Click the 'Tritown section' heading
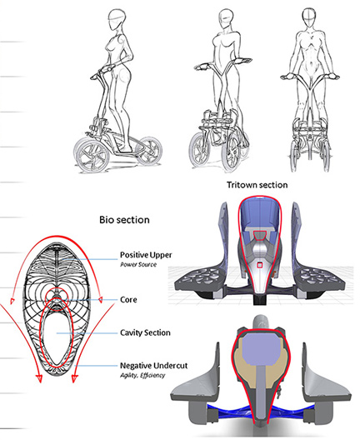(257, 185)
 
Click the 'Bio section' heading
(124, 220)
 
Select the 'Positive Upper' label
(146, 255)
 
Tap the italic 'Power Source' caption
(138, 264)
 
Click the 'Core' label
(128, 300)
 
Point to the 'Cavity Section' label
(145, 332)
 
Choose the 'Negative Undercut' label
(154, 366)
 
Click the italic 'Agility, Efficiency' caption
(142, 376)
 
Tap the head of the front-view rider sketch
(309, 17)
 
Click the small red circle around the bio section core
(57, 299)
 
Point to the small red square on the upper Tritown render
(259, 265)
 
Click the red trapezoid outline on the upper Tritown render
(260, 235)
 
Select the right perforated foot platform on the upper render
(319, 280)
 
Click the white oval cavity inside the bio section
(57, 336)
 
